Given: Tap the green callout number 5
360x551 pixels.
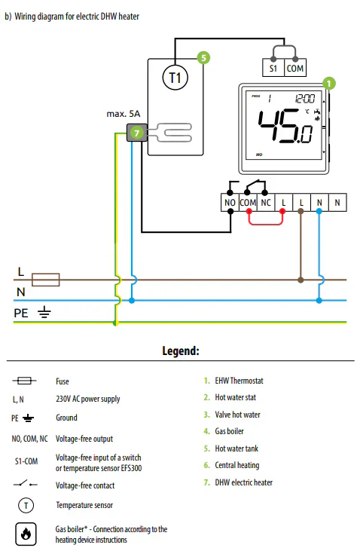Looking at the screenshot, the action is tap(203, 57).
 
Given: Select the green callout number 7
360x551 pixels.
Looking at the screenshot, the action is tap(136, 133).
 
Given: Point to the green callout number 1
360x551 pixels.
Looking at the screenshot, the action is tap(328, 83).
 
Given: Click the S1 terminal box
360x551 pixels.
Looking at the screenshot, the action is tap(273, 68).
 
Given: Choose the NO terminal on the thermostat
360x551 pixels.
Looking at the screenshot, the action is tap(230, 203).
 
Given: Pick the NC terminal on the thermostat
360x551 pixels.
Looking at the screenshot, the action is tap(266, 203).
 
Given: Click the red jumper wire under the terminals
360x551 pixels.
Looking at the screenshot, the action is tap(266, 224).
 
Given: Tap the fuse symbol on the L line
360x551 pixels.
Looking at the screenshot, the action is tap(46, 280).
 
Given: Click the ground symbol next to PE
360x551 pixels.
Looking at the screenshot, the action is tap(44, 312).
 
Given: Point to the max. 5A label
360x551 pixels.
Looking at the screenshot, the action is tap(124, 114).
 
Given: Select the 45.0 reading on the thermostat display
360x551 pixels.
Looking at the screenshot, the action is tap(285, 127).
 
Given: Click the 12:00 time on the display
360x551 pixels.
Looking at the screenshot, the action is tap(304, 99).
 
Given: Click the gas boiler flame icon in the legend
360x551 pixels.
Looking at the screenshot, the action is tap(26, 534).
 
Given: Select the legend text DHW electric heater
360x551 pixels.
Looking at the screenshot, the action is tap(244, 482).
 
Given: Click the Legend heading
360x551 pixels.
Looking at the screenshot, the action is tap(181, 350).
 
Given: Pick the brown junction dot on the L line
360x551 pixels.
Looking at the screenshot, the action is tap(301, 280).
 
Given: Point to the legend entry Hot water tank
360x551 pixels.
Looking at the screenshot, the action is tap(236, 448).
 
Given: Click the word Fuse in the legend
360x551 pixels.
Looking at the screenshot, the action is tap(63, 381).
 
